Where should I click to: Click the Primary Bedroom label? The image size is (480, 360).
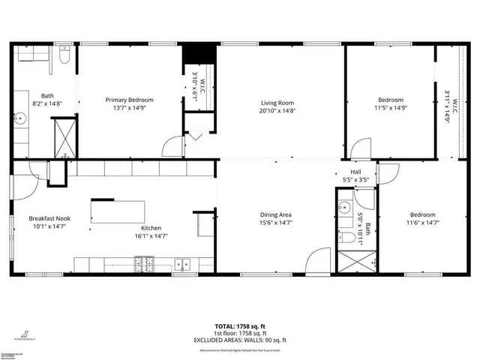point(129,100)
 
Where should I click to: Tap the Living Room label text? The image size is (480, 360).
point(277,103)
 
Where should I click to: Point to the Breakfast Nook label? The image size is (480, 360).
point(49,217)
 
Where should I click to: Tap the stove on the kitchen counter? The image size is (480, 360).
point(142,263)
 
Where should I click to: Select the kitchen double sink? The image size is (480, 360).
point(181,264)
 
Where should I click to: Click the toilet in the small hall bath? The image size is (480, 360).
point(348,238)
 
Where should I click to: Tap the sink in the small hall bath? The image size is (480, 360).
point(346,208)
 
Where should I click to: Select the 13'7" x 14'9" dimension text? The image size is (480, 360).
point(129,108)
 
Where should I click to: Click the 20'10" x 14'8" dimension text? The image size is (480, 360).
point(277,111)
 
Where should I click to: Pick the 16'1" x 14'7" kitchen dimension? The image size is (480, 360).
point(151,236)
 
